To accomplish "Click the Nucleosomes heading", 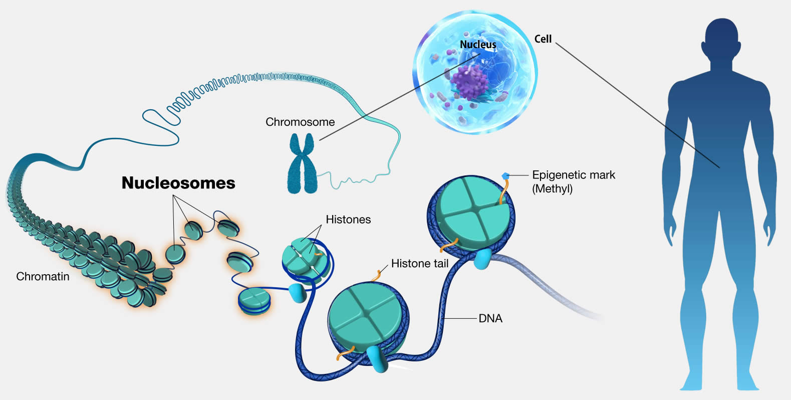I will [178, 183].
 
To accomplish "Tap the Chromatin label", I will [43, 276].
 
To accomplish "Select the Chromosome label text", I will [300, 122].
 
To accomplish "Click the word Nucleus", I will [478, 45].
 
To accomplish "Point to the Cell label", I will [543, 39].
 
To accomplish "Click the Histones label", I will [348, 219].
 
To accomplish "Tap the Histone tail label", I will [419, 263].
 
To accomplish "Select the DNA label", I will [490, 318].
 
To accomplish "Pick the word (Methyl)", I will [552, 189].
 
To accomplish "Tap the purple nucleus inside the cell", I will [469, 81].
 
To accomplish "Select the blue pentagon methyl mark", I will [505, 176].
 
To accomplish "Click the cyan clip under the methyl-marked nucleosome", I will [482, 259].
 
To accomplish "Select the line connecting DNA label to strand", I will [460, 318].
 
